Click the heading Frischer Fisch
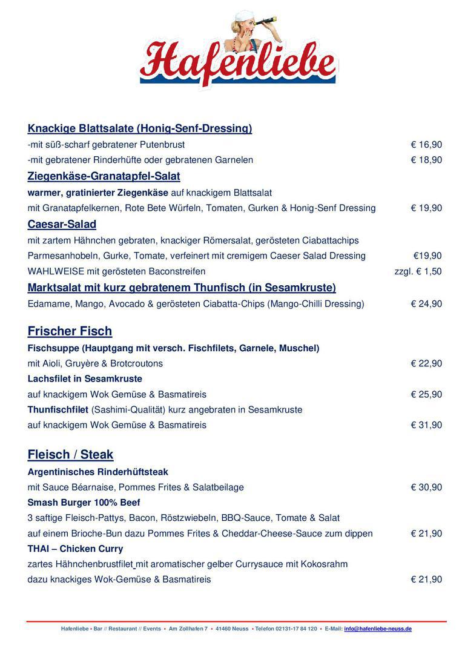pos(70,331)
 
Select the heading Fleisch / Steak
pos(70,455)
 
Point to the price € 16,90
pos(426,145)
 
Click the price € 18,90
pos(426,160)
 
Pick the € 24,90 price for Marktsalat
pos(426,304)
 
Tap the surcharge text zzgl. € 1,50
pos(418,271)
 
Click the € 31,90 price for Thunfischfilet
pos(426,425)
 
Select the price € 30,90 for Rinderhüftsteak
pos(426,487)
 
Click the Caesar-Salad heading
pos(62,225)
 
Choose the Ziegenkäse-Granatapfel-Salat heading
pos(104,176)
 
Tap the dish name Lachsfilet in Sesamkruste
pos(85,379)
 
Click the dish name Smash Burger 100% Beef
pos(84,503)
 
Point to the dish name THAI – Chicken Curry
pos(75,549)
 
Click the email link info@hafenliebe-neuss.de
pos(378,629)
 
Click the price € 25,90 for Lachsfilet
pos(426,395)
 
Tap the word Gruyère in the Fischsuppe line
pos(91,364)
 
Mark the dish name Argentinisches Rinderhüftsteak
pos(97,472)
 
